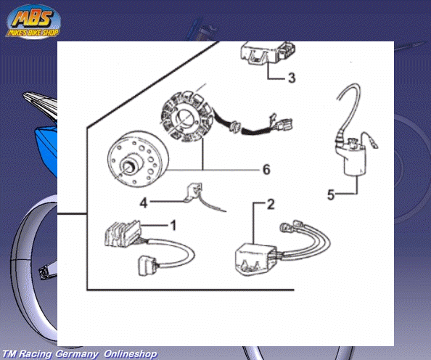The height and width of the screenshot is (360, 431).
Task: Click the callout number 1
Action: click(x=173, y=226)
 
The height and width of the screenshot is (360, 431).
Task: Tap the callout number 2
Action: click(x=271, y=205)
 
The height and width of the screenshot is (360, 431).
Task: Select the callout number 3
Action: click(x=292, y=78)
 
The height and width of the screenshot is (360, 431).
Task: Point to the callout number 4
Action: click(x=144, y=203)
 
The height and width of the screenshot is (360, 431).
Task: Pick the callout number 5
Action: click(x=331, y=195)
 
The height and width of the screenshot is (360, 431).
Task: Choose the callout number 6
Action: click(x=266, y=169)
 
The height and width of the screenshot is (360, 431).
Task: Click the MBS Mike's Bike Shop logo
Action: click(x=33, y=22)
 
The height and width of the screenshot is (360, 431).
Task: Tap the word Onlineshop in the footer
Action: click(x=131, y=354)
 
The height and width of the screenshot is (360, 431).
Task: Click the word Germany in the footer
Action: click(x=77, y=354)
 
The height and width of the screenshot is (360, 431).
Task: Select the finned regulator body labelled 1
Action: click(x=123, y=233)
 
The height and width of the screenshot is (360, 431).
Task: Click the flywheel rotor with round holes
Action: click(x=137, y=159)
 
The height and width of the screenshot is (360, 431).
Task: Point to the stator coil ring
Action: click(x=187, y=116)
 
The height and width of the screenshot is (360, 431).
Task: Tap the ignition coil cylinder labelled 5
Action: click(x=355, y=160)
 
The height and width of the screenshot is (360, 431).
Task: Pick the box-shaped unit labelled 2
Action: click(x=256, y=259)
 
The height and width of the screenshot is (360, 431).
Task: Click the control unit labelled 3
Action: click(x=266, y=53)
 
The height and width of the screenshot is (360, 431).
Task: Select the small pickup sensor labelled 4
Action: click(x=194, y=192)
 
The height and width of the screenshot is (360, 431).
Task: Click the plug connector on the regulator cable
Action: click(x=148, y=266)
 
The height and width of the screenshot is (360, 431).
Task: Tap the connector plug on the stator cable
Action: click(x=284, y=124)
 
